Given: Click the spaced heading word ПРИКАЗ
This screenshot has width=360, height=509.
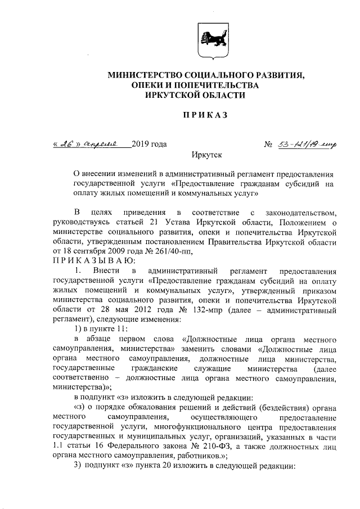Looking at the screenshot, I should click(203, 116).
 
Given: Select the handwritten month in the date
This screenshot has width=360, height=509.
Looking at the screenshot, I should click(101, 145).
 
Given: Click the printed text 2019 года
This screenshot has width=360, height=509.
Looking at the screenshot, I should click(149, 145).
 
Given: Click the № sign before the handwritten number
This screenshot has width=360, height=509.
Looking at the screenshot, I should click(268, 145).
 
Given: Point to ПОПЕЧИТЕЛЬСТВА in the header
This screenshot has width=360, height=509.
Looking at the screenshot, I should click(219, 85).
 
